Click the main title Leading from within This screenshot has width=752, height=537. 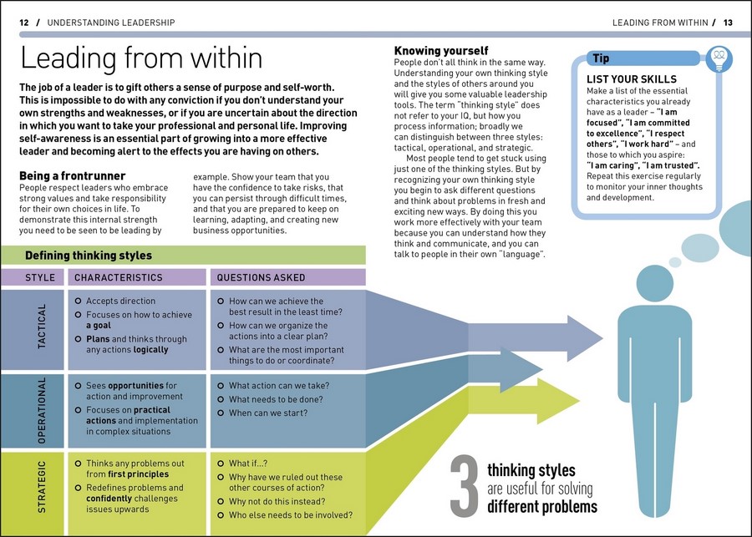click(x=141, y=58)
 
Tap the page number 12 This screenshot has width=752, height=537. click(x=24, y=23)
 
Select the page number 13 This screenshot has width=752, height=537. click(x=728, y=23)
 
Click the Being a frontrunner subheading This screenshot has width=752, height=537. click(x=72, y=176)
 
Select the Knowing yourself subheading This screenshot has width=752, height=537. click(x=441, y=52)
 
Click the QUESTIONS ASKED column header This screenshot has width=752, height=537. click(x=261, y=277)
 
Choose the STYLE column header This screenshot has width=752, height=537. click(x=40, y=277)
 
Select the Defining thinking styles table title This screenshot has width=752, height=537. click(x=89, y=256)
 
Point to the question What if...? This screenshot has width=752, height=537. click(x=248, y=464)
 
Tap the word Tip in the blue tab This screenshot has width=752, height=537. click(x=601, y=58)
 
